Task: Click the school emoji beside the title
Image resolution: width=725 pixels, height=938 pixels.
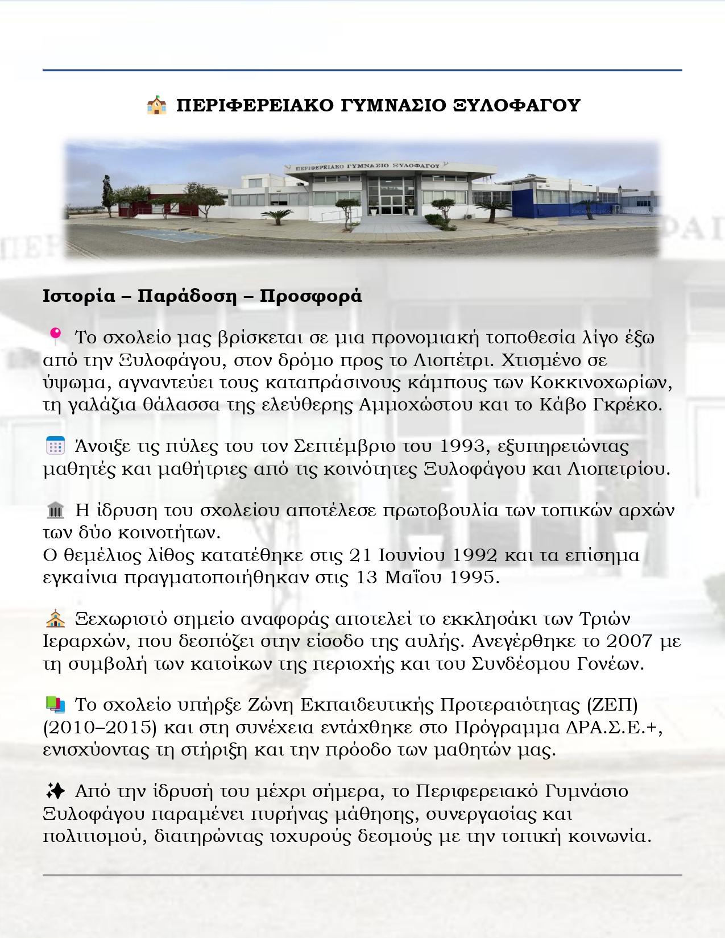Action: (156, 106)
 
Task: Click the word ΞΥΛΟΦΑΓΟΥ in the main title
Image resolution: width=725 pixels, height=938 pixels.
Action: (516, 106)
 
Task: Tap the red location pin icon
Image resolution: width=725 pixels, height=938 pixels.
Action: (55, 337)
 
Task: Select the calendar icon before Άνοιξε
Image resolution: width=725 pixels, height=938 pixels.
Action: (55, 446)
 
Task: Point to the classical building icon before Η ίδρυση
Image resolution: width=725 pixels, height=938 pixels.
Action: (55, 510)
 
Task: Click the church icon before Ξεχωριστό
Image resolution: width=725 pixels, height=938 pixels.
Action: (55, 619)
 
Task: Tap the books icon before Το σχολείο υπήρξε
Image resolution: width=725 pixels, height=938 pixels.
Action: (55, 705)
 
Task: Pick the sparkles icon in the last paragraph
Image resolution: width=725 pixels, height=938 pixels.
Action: (55, 791)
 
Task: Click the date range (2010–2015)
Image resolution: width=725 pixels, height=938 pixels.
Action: (100, 728)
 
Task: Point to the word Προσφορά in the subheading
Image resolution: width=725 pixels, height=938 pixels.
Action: (310, 296)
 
